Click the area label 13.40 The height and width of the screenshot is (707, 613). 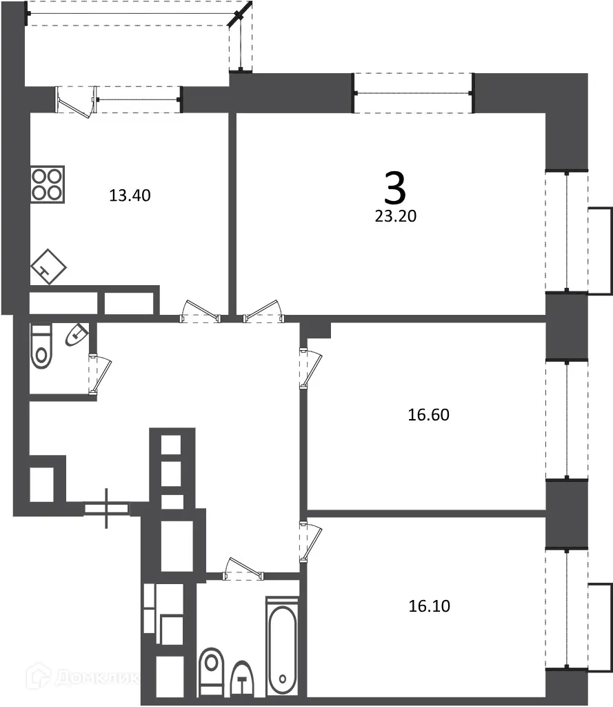coord(130,195)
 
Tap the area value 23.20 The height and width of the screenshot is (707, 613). coord(396,215)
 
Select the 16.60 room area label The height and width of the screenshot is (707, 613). coord(428,415)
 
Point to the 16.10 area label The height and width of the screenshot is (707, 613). coord(429,606)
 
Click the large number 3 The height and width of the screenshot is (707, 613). coord(395,187)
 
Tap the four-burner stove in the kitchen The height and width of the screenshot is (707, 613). coord(48,184)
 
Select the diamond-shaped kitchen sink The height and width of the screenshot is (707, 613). coord(48,266)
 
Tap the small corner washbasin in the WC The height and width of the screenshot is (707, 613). coord(77,335)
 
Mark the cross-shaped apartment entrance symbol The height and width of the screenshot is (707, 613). coord(107,509)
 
